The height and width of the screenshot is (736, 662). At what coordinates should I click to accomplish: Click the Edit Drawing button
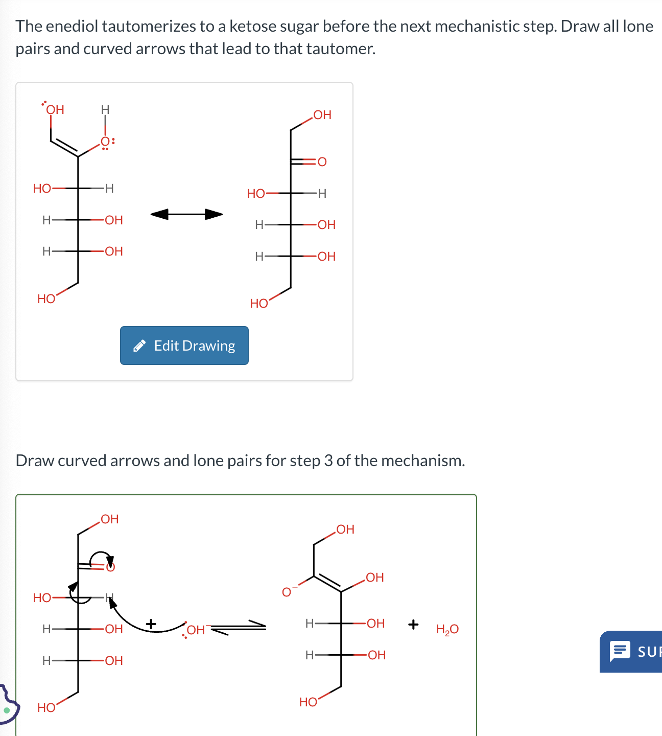tap(184, 346)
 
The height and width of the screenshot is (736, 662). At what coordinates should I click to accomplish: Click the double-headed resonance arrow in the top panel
tap(186, 214)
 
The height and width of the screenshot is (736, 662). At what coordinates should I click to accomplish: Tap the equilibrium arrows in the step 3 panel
tap(239, 627)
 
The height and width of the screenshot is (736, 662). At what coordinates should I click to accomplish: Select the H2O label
tap(447, 629)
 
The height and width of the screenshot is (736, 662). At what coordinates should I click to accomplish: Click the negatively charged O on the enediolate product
tap(287, 592)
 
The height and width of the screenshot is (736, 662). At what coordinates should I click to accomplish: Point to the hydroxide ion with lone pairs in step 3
tap(195, 630)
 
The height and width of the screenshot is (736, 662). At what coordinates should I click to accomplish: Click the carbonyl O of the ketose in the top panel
tap(322, 162)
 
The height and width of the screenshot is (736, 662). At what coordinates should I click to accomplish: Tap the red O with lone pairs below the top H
tap(105, 142)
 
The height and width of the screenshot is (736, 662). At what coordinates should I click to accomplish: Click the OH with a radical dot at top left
tap(55, 110)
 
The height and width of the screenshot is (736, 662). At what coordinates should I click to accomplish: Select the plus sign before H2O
tap(413, 624)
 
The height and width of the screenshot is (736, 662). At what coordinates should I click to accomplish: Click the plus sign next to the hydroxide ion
tap(151, 624)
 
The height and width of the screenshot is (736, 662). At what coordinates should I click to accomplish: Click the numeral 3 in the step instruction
tap(328, 461)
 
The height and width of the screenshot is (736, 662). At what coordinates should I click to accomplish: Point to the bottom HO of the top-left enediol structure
tap(46, 299)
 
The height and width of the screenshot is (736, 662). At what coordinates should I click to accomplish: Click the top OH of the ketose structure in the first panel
tap(322, 115)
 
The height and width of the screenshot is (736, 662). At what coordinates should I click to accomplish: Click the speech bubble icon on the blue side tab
tap(620, 651)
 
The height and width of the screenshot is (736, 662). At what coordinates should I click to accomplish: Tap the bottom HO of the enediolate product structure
tap(308, 702)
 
